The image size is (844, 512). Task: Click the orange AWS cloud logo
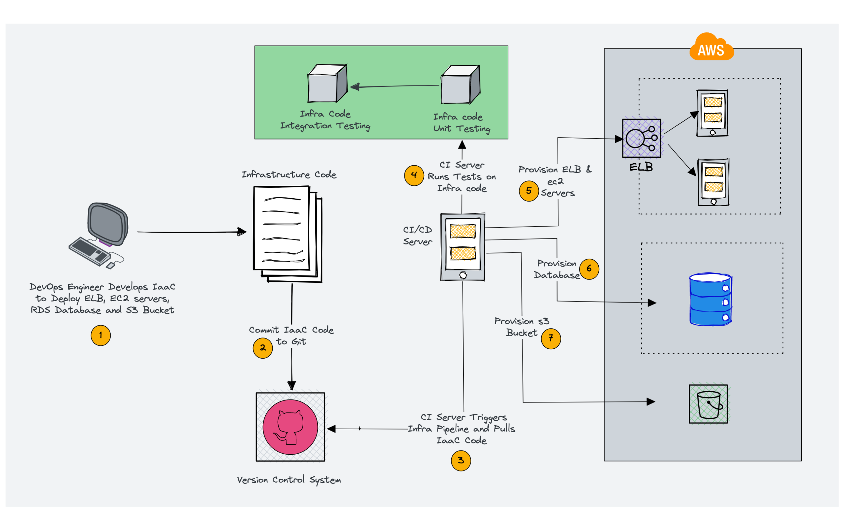click(711, 48)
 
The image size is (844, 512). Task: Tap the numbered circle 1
click(100, 335)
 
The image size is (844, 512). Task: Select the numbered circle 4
click(414, 176)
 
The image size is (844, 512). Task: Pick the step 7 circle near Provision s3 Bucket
click(551, 338)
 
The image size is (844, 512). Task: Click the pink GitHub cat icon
click(290, 427)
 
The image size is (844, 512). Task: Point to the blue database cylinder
click(710, 299)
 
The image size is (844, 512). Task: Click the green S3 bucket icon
click(708, 404)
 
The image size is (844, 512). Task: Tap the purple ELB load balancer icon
click(641, 138)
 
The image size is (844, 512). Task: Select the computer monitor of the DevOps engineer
click(108, 224)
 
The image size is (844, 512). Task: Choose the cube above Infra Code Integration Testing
click(327, 83)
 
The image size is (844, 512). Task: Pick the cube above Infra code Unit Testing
click(460, 85)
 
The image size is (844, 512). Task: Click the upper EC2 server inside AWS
click(712, 113)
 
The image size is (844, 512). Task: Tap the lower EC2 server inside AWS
click(713, 182)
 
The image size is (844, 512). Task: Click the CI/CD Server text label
click(417, 236)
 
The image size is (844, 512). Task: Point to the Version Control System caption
click(289, 480)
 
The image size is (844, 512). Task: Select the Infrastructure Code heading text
click(289, 175)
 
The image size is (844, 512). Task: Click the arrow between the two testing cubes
click(394, 86)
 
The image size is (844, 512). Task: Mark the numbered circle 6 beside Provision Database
click(589, 269)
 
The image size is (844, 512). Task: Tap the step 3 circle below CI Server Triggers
click(461, 461)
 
